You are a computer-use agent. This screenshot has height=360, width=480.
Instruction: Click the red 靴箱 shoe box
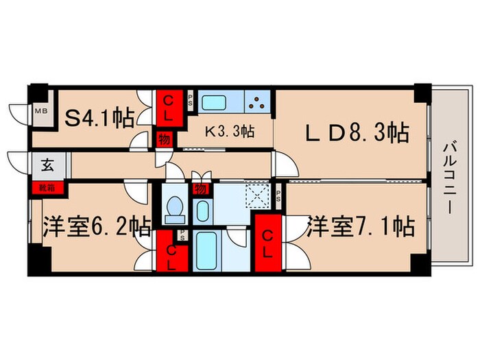(x=39, y=186)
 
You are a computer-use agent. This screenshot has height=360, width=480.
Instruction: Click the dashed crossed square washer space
(x=259, y=195)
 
